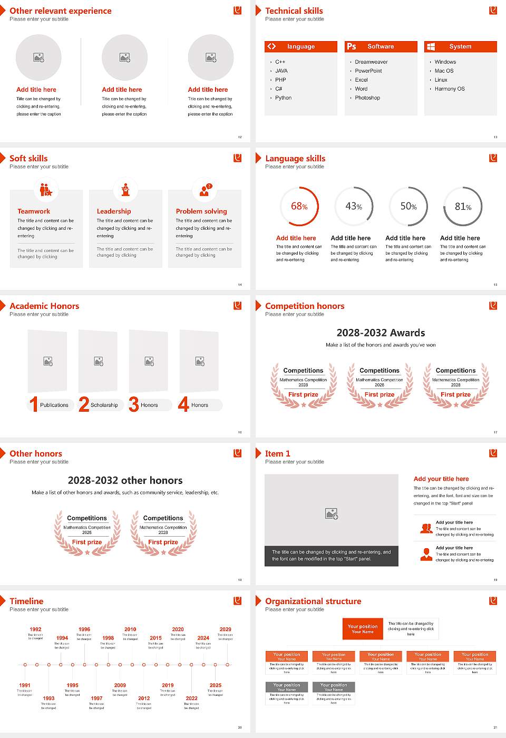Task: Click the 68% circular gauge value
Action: (x=299, y=206)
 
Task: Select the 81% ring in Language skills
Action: (x=462, y=207)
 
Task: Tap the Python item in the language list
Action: (x=283, y=98)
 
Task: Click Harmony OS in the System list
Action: (x=449, y=89)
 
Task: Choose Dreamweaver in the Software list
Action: (x=371, y=62)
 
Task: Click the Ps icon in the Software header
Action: (x=352, y=46)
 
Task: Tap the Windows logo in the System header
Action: (x=431, y=46)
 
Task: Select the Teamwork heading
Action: (x=34, y=211)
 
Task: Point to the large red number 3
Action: (x=134, y=404)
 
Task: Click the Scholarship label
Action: (x=104, y=405)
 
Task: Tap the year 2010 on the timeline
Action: (x=130, y=629)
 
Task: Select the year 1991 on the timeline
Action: (x=25, y=685)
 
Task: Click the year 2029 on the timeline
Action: (x=225, y=629)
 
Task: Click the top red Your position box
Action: (x=363, y=629)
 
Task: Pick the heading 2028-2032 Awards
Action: (x=381, y=333)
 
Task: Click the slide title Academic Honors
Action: (x=44, y=306)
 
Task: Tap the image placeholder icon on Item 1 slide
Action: (x=332, y=513)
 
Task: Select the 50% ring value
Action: (x=408, y=207)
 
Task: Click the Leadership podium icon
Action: (x=125, y=190)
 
